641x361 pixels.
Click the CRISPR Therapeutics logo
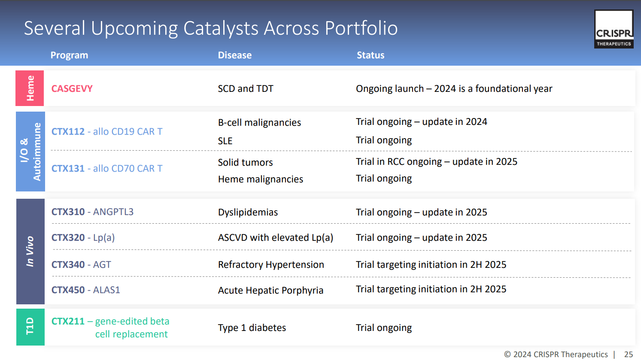click(x=614, y=29)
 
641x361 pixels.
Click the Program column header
click(x=69, y=55)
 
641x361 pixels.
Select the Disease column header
click(x=234, y=55)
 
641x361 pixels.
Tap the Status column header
click(x=371, y=55)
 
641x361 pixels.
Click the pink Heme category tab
click(x=30, y=88)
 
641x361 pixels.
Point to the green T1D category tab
click(x=30, y=327)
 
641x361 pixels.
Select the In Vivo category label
click(x=30, y=252)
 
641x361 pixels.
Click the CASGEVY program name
click(x=72, y=89)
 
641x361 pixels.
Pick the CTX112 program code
click(x=68, y=132)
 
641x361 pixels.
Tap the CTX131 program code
click(x=68, y=169)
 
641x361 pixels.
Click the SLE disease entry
click(x=225, y=141)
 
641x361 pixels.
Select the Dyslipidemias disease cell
click(x=248, y=212)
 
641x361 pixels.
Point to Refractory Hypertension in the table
click(x=271, y=265)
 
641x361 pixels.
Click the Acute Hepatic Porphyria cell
click(x=270, y=291)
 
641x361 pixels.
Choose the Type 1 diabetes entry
click(x=252, y=328)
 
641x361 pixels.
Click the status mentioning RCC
click(x=436, y=162)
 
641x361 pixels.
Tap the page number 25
click(x=628, y=355)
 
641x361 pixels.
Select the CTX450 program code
click(x=68, y=290)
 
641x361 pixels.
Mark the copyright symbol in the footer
click(x=507, y=355)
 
